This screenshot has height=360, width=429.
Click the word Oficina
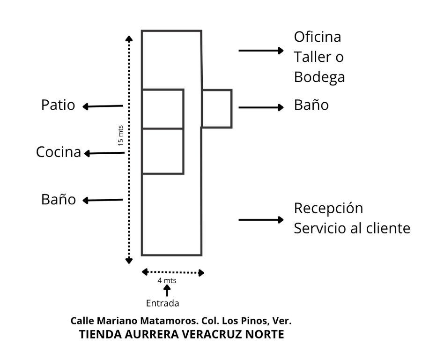pyautogui.click(x=317, y=37)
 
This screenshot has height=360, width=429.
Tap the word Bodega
pyautogui.click(x=319, y=77)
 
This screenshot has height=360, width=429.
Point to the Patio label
pyautogui.click(x=58, y=105)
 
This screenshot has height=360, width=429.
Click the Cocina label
pyautogui.click(x=58, y=152)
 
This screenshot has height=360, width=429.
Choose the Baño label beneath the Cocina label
pyautogui.click(x=59, y=200)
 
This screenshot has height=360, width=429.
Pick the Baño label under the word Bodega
pyautogui.click(x=311, y=105)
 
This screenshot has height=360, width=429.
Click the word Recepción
pyautogui.click(x=328, y=208)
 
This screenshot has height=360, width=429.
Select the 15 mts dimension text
pyautogui.click(x=121, y=135)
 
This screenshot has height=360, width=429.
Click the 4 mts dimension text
pyautogui.click(x=167, y=281)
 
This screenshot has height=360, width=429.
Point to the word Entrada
pyautogui.click(x=163, y=303)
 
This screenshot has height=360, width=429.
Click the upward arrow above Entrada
pyautogui.click(x=166, y=291)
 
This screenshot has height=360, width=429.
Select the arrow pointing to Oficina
pyautogui.click(x=261, y=51)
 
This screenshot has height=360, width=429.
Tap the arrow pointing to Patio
pyautogui.click(x=103, y=106)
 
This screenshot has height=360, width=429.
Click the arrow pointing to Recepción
pyautogui.click(x=261, y=220)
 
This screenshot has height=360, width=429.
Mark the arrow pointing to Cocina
pyautogui.click(x=104, y=153)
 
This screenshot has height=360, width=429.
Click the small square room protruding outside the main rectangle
pyautogui.click(x=217, y=108)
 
